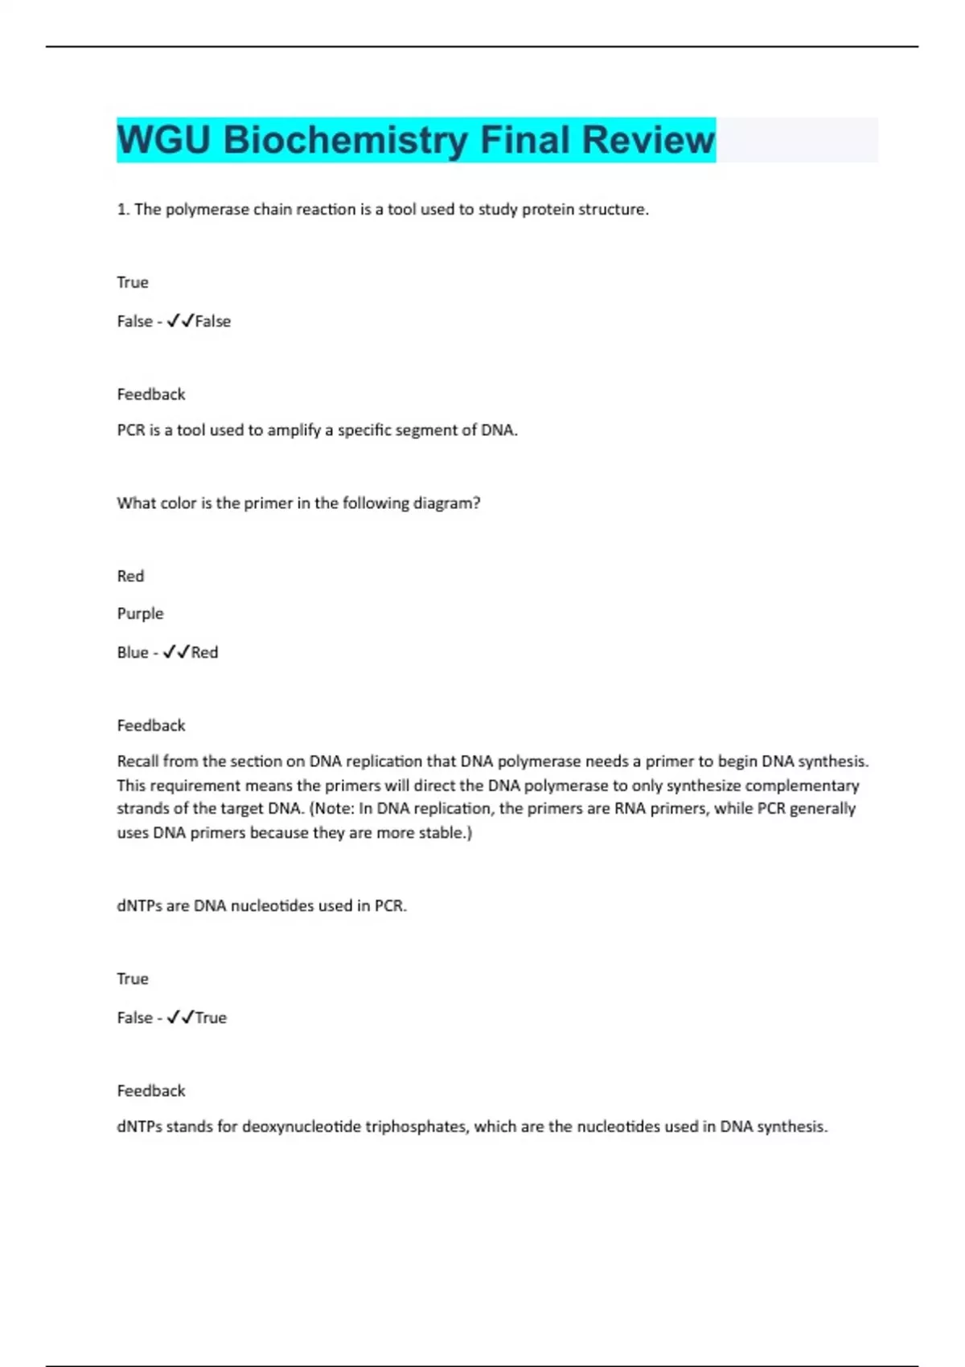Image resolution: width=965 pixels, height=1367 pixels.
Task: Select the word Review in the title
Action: click(647, 140)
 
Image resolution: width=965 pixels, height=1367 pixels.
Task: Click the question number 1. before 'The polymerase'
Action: click(123, 210)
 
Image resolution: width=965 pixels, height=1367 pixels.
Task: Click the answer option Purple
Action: click(140, 614)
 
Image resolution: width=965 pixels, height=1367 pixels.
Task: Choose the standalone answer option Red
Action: click(130, 577)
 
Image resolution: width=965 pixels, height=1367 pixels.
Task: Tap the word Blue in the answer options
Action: click(132, 652)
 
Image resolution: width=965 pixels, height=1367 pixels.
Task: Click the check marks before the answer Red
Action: click(176, 652)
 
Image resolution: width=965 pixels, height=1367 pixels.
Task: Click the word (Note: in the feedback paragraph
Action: click(331, 808)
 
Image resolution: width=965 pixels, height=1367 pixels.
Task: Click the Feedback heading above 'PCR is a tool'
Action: click(151, 394)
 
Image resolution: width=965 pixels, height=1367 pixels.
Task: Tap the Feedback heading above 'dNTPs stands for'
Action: click(151, 1090)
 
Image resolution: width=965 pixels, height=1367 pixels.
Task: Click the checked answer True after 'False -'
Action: click(211, 1018)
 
